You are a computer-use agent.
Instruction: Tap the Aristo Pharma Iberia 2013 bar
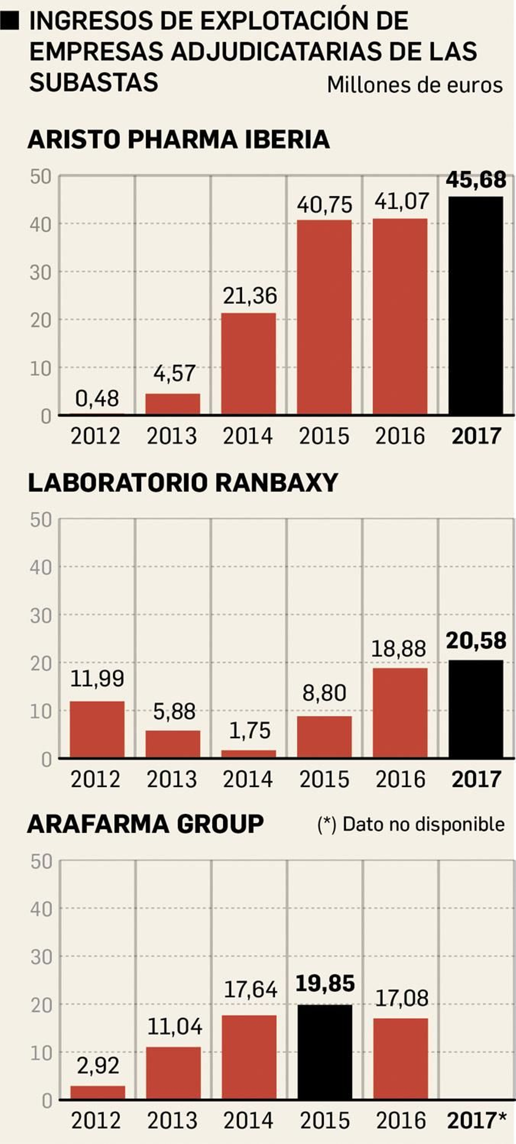pyautogui.click(x=173, y=404)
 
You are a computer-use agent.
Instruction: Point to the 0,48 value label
pyautogui.click(x=97, y=399)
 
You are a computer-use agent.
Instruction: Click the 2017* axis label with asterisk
pyautogui.click(x=476, y=1120)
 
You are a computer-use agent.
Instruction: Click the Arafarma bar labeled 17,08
pyautogui.click(x=401, y=1058)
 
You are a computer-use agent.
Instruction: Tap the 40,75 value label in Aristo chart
pyautogui.click(x=324, y=205)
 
